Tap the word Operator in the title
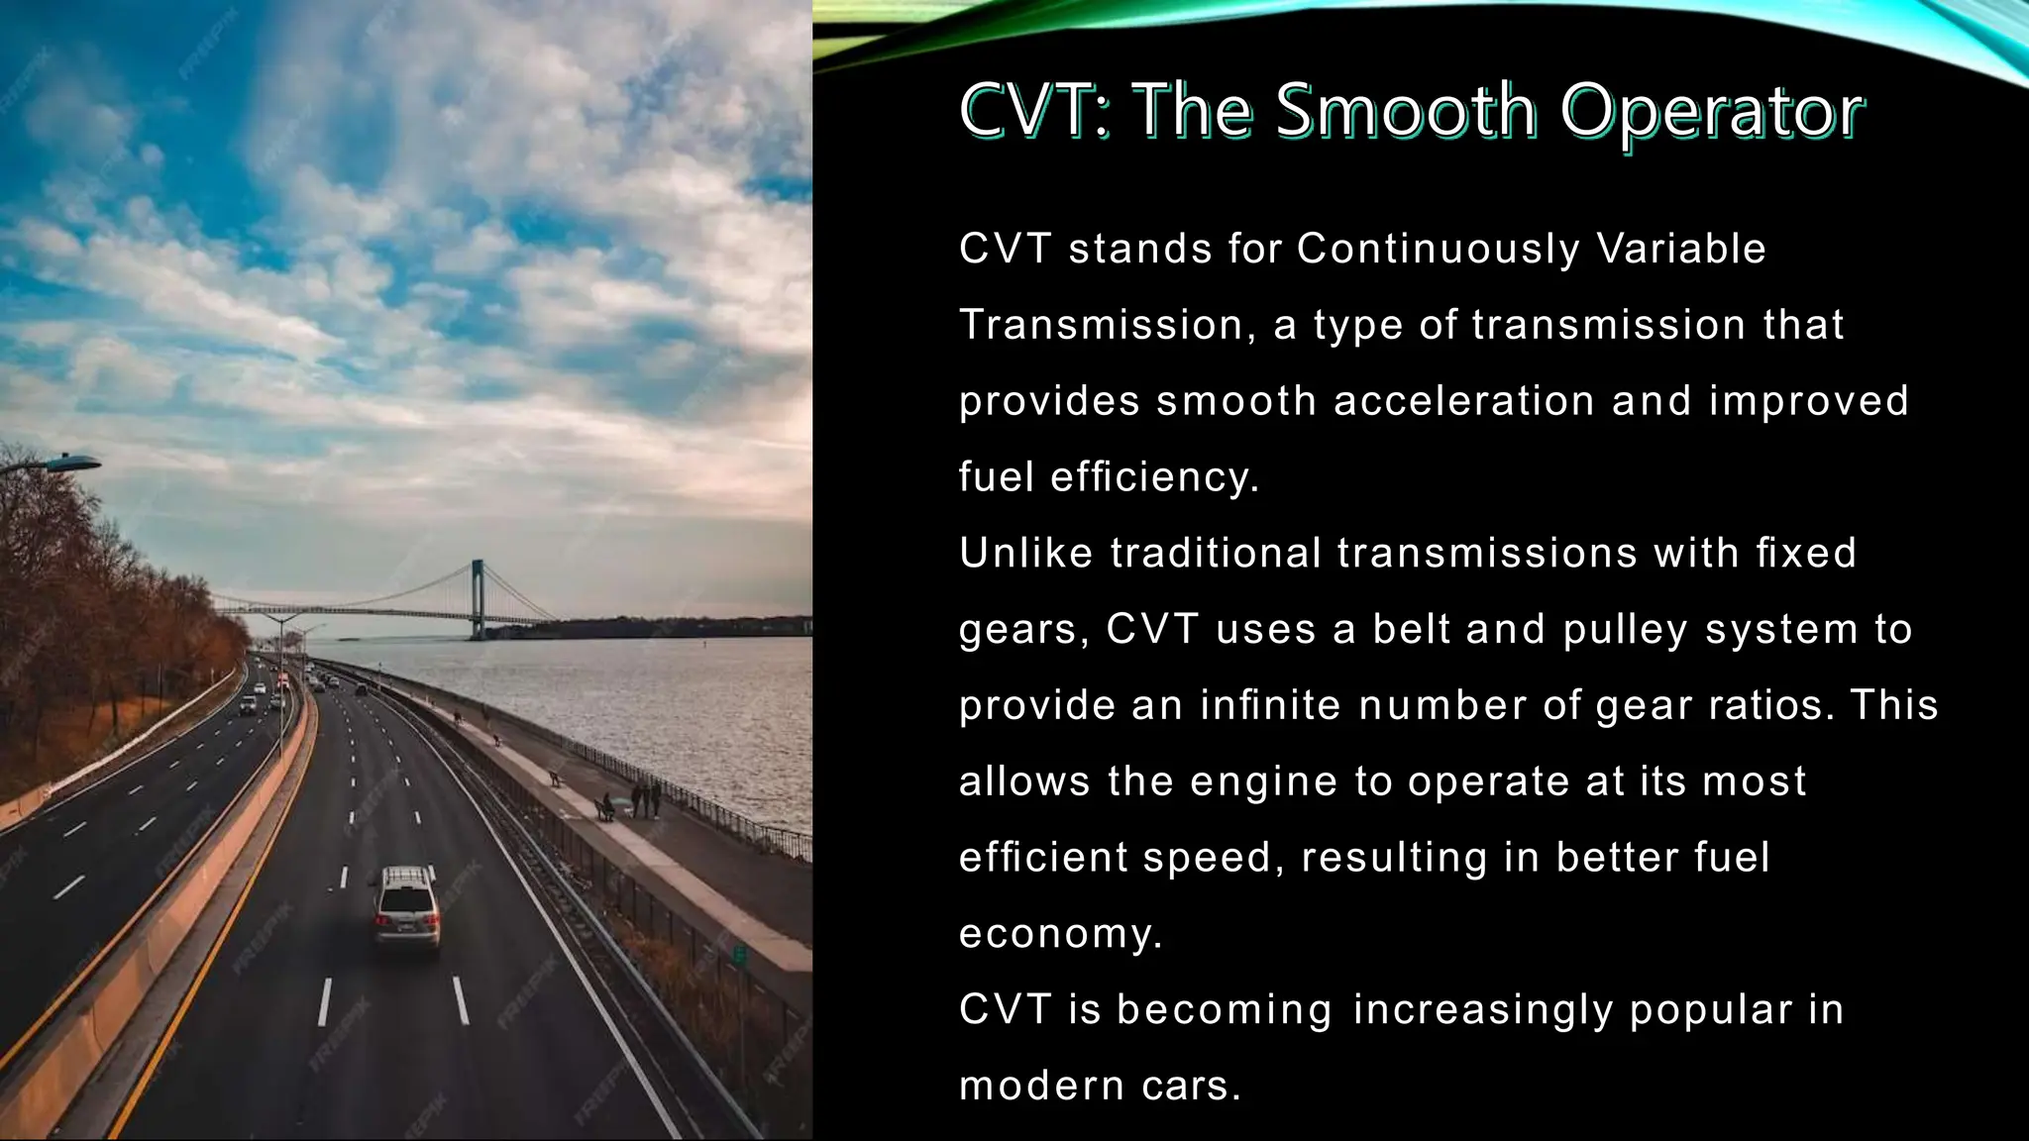click(1712, 112)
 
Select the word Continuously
click(1438, 250)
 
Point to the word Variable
click(1681, 249)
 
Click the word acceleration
click(1464, 401)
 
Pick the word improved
click(1809, 402)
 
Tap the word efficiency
click(1154, 477)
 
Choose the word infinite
click(1270, 705)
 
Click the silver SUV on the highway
click(406, 906)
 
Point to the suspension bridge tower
click(478, 598)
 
